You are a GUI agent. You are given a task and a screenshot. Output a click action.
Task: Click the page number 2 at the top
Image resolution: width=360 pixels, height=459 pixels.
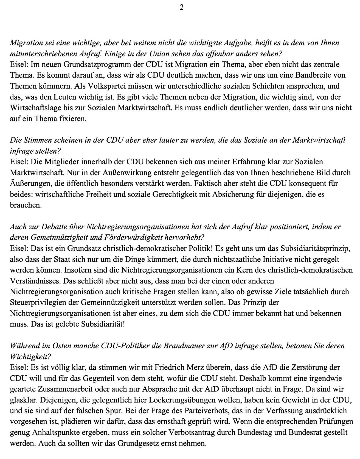pos(181,8)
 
